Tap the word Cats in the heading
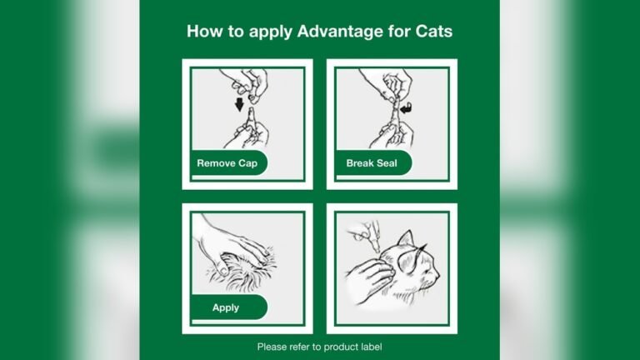[432, 32]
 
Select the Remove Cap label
[227, 163]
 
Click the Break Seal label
[371, 163]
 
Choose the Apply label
[225, 307]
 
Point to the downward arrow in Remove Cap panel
[239, 105]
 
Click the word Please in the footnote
[272, 347]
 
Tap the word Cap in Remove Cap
[247, 163]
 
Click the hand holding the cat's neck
[366, 279]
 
